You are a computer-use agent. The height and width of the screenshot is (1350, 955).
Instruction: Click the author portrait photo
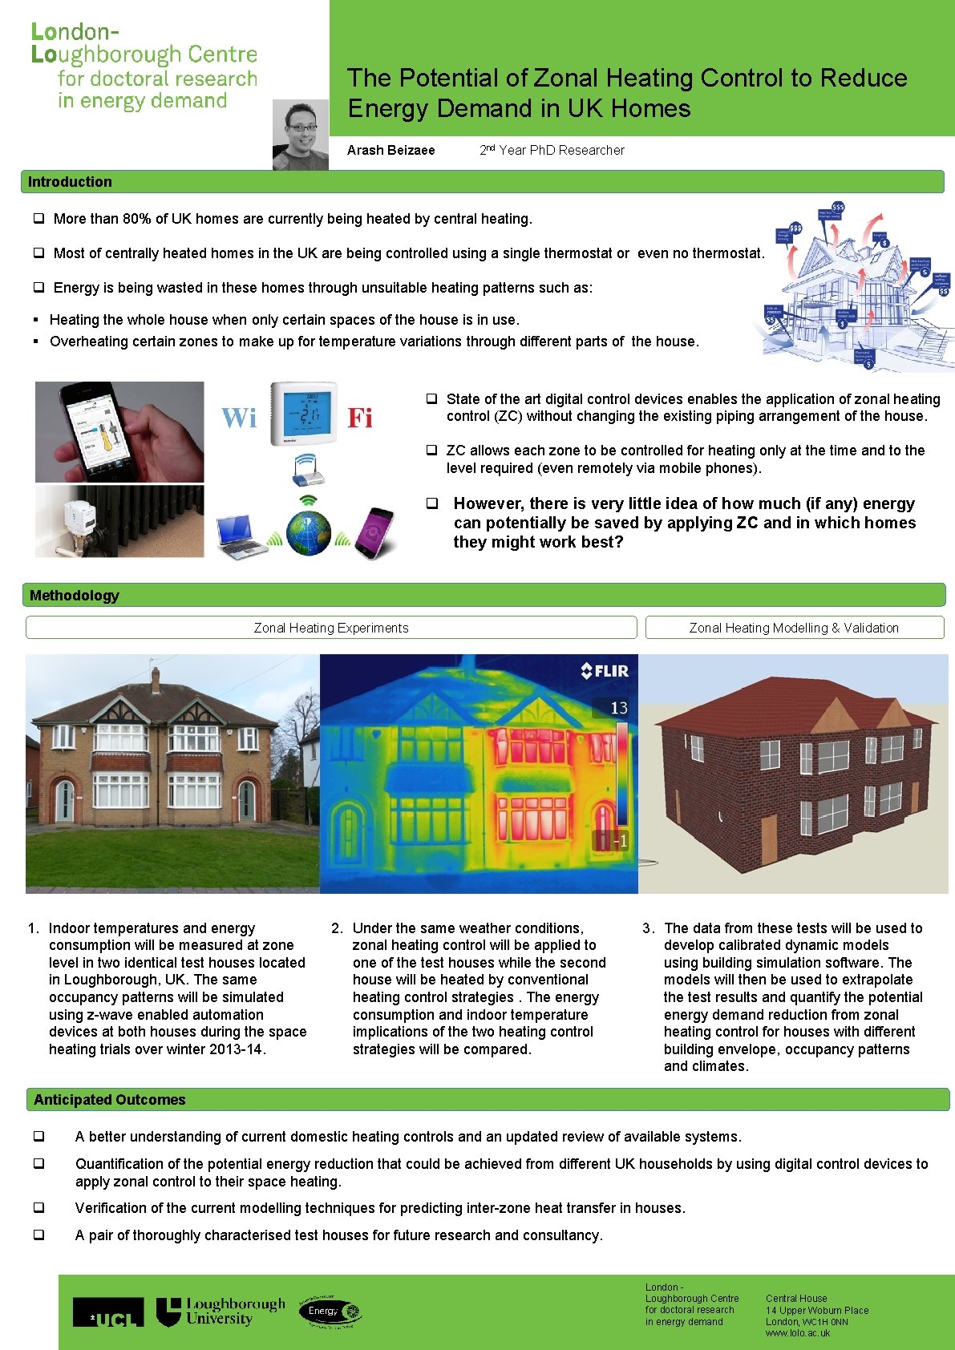[x=300, y=135]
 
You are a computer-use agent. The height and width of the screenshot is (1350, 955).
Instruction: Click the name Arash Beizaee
[x=390, y=150]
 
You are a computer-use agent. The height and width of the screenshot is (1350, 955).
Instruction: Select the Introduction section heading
[x=70, y=182]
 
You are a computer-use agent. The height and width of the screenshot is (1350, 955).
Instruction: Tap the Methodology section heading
[x=74, y=596]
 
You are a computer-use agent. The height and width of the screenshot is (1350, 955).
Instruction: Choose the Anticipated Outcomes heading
[x=109, y=1100]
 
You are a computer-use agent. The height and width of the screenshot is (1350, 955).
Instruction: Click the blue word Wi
[x=239, y=418]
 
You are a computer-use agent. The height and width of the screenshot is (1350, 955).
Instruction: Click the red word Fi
[x=360, y=418]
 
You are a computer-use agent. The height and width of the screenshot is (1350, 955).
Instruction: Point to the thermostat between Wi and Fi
[x=304, y=413]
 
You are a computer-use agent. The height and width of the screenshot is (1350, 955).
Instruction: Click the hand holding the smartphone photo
[x=119, y=432]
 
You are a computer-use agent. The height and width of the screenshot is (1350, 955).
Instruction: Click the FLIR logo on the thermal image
[x=605, y=671]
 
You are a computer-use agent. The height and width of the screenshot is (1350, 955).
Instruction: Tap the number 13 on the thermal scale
[x=619, y=708]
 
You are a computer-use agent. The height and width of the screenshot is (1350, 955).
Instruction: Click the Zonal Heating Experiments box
[x=330, y=628]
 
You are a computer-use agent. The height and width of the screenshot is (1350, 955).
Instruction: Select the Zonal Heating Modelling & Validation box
[x=794, y=628]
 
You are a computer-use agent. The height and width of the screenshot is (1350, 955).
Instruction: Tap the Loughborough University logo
[x=221, y=1312]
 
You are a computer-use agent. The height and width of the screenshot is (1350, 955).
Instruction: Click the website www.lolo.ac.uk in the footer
[x=798, y=1333]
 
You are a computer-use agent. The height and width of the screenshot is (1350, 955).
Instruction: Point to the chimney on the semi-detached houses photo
[x=156, y=678]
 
